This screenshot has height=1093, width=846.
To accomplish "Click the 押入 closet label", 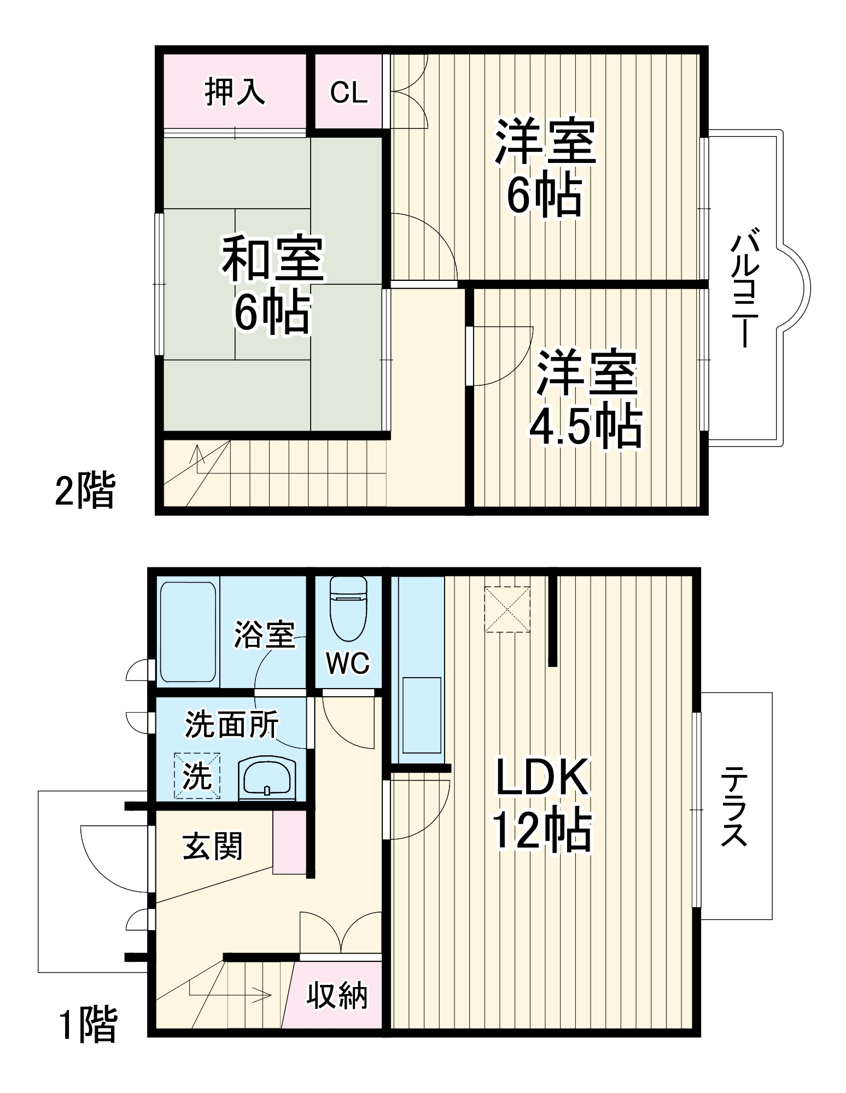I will pyautogui.click(x=235, y=92).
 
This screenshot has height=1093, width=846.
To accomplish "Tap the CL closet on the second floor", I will pyautogui.click(x=348, y=92).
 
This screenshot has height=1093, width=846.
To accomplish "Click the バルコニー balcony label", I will pyautogui.click(x=745, y=290).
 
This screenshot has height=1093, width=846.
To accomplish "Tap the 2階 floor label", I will pyautogui.click(x=85, y=490).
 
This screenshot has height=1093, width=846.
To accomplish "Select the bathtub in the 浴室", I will pyautogui.click(x=188, y=632).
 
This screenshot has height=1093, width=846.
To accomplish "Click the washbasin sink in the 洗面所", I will pyautogui.click(x=267, y=778).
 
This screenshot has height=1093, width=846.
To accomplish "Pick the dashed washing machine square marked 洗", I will pyautogui.click(x=197, y=775).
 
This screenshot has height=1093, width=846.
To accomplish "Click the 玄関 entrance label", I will pyautogui.click(x=212, y=847).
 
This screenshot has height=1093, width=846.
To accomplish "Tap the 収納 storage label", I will pyautogui.click(x=336, y=995).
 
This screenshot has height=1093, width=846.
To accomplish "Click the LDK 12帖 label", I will pyautogui.click(x=542, y=803).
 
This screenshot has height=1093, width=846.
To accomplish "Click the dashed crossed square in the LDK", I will pyautogui.click(x=507, y=609).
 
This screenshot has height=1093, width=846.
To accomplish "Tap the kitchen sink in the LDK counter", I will pyautogui.click(x=422, y=715).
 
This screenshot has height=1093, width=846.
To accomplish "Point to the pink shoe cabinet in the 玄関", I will pyautogui.click(x=289, y=842).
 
